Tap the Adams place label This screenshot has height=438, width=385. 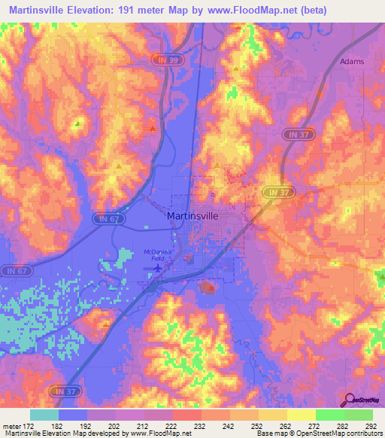pyautogui.click(x=352, y=61)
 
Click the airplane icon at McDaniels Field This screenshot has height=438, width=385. pyautogui.click(x=158, y=266)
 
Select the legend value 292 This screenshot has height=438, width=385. pyautogui.click(x=372, y=426)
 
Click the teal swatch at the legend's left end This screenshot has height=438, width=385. pyautogui.click(x=44, y=415)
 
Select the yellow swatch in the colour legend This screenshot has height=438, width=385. pyautogui.click(x=302, y=415)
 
